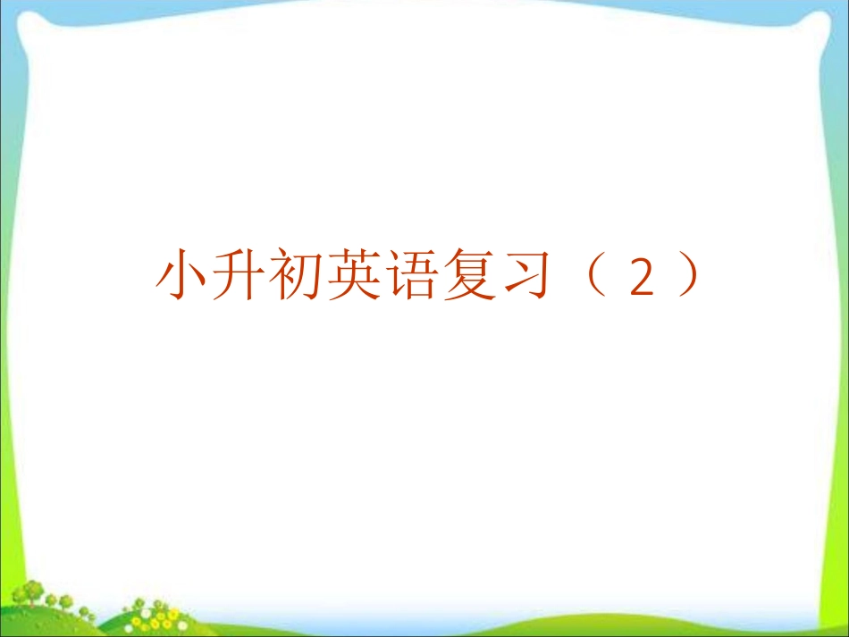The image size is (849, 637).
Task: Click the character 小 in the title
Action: tap(182, 275)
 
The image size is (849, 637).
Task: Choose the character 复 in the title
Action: tap(467, 275)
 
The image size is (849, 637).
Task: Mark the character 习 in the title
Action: tap(525, 275)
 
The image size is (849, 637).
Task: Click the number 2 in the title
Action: tap(643, 278)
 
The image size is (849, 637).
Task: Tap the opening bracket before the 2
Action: tap(596, 275)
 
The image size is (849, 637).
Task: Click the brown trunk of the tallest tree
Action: tap(32, 602)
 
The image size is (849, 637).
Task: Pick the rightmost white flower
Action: tap(182, 626)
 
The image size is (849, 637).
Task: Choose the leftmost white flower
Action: tap(129, 628)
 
